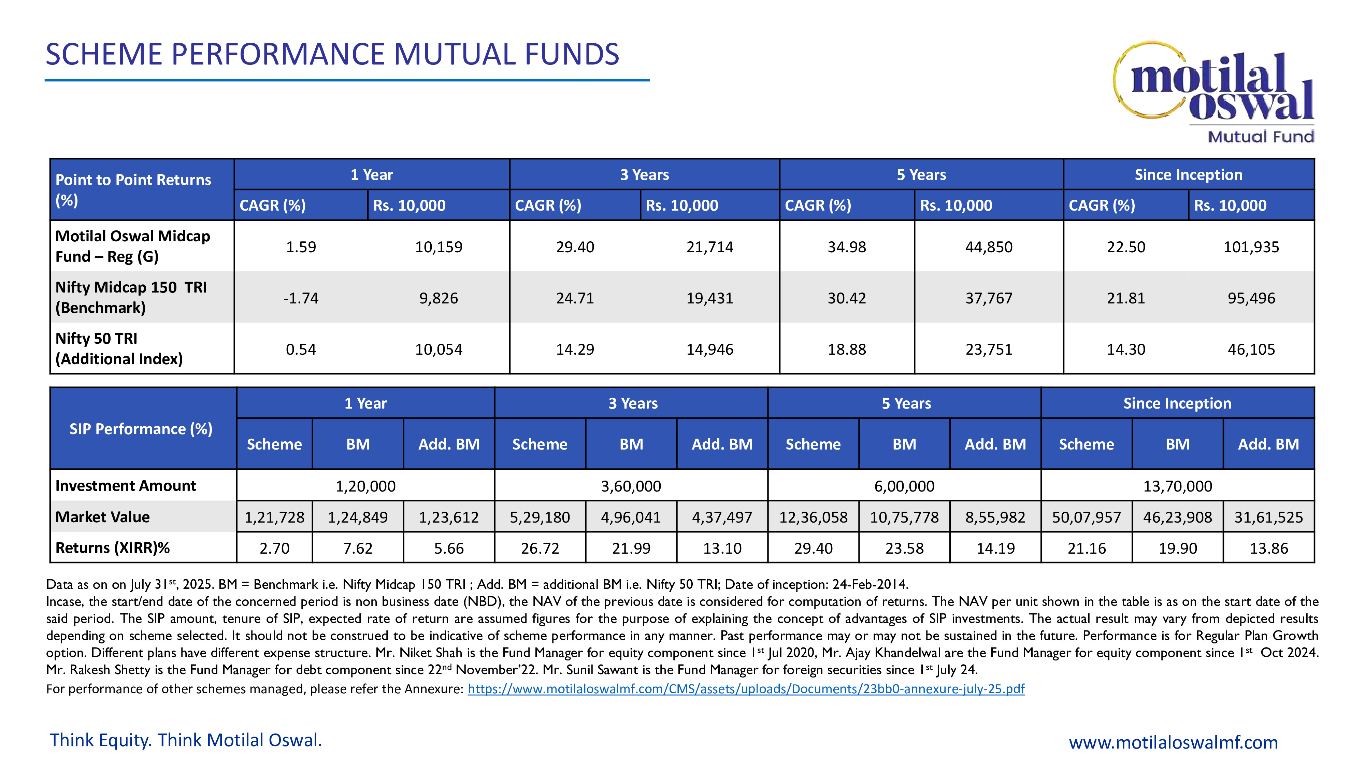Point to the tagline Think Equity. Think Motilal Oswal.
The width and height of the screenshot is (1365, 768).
(185, 740)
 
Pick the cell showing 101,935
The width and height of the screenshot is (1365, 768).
(1251, 247)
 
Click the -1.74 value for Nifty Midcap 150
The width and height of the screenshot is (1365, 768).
(300, 298)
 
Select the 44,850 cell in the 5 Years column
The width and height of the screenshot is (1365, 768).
(988, 247)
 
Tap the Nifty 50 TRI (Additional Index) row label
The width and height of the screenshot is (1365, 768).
(119, 349)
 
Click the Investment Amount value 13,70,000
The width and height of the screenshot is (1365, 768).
(1177, 486)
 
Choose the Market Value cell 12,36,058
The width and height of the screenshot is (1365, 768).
(813, 517)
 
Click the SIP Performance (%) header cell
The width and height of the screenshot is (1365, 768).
(141, 429)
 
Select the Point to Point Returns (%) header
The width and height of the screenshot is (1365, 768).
(133, 190)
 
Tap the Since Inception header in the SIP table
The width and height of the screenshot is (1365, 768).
(1177, 403)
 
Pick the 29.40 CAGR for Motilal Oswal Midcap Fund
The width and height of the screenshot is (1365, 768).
(575, 247)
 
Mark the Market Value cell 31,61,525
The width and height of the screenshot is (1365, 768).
(1268, 517)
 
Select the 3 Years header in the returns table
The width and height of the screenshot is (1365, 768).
(644, 175)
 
